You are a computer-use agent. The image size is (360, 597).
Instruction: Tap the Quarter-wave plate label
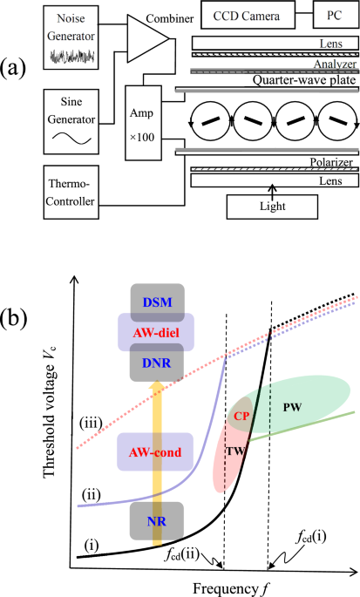pos(271,82)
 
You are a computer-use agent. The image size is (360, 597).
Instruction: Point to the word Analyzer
pos(331,61)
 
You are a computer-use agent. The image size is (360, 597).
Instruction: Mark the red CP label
pos(241,416)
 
